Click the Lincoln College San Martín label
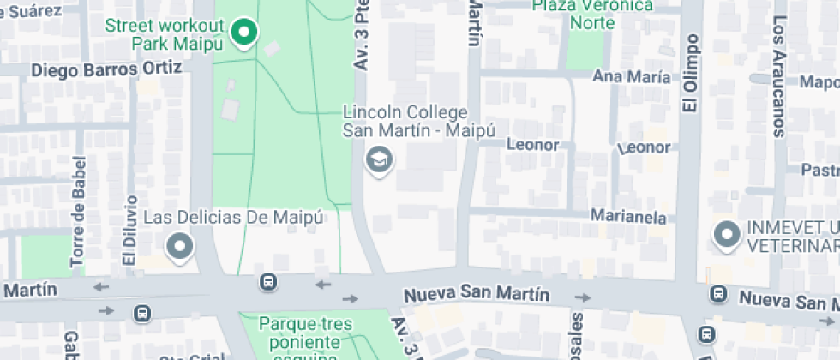point(405,121)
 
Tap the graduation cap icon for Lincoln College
point(378,159)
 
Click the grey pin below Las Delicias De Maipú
point(180,248)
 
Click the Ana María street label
point(632,77)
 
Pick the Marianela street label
point(629,218)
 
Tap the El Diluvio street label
point(129,231)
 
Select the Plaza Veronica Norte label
point(592,15)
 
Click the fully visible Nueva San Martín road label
point(477,295)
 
